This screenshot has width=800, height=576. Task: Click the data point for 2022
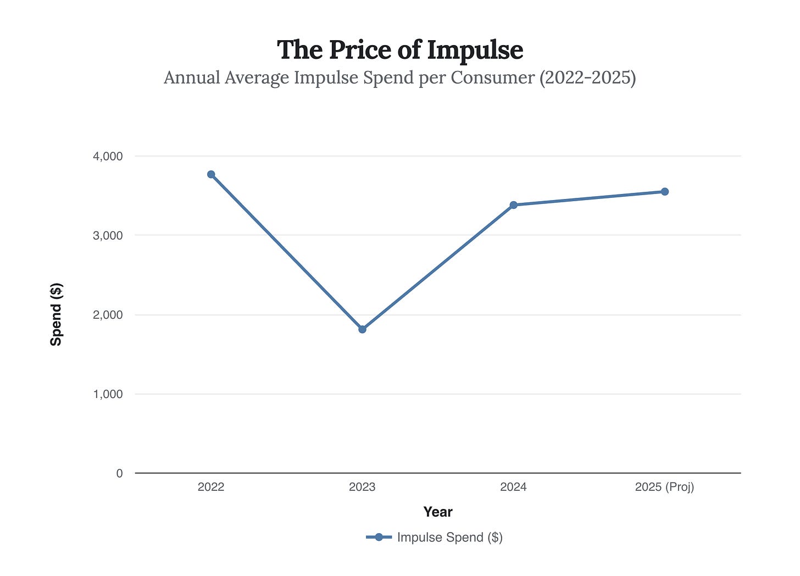point(211,174)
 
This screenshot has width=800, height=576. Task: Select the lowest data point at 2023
point(362,329)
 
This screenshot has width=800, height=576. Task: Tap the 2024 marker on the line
point(513,205)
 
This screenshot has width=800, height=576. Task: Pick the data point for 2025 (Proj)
point(664,192)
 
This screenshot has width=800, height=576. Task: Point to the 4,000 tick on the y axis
point(108,157)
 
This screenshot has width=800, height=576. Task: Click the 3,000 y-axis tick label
point(108,236)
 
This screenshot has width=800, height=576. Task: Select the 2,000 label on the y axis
point(108,315)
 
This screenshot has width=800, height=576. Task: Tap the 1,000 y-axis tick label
point(108,394)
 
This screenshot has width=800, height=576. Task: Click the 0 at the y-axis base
point(119,473)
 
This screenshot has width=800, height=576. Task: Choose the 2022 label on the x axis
point(211,487)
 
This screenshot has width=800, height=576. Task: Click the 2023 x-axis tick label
point(362,487)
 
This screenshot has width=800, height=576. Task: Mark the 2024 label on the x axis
point(513,487)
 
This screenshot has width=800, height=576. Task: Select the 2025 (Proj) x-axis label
point(664,487)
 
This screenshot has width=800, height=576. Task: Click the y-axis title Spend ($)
point(56,314)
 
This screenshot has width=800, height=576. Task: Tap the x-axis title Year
point(438,512)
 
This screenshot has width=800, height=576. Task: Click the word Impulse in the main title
point(475,51)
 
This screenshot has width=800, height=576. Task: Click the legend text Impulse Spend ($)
point(449,538)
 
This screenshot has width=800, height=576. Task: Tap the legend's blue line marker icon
point(379,538)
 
